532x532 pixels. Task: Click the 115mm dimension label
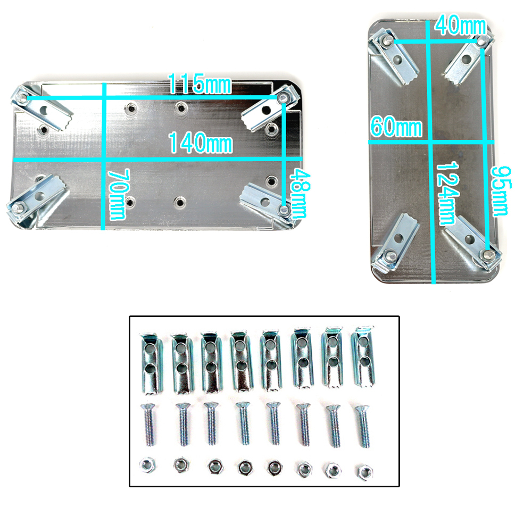(x=200, y=84)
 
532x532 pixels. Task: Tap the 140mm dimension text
(x=201, y=143)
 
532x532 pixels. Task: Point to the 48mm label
(x=299, y=194)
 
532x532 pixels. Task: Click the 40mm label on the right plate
(x=461, y=26)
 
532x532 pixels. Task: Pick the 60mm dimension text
(x=396, y=127)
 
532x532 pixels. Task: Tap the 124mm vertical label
(x=447, y=194)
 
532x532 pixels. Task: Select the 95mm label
(x=501, y=191)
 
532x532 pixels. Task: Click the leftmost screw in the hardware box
(x=148, y=425)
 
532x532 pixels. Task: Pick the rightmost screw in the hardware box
(x=363, y=426)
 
